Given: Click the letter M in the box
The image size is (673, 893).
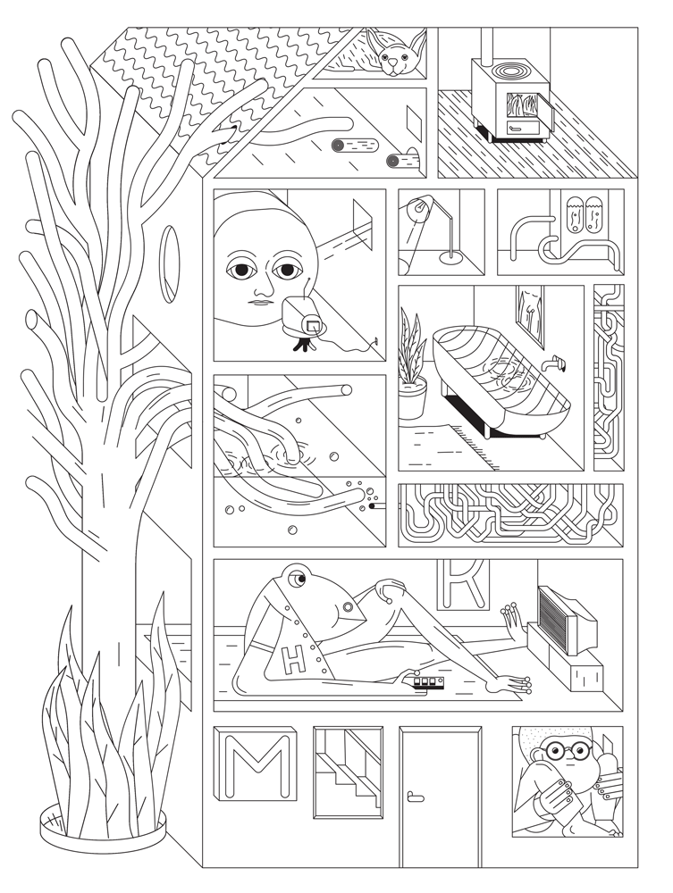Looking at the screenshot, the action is [x=255, y=764].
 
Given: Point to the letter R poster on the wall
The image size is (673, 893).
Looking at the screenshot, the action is [x=463, y=583].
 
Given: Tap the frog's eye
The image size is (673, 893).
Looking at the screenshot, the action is [x=297, y=580].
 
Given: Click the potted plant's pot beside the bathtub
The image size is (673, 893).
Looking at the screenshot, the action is [x=412, y=398].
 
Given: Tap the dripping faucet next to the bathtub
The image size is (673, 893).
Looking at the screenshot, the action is [x=553, y=363].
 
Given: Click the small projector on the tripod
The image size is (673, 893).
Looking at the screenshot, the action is [x=304, y=320].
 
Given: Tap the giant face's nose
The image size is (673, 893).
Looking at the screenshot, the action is [x=261, y=287].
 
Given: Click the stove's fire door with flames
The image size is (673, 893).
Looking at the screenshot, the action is [x=520, y=106].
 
